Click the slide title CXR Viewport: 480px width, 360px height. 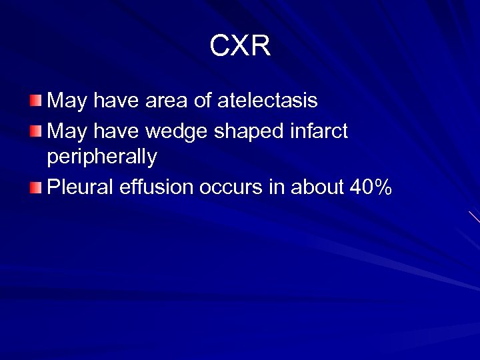click(x=240, y=46)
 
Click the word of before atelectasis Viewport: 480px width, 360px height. click(x=201, y=101)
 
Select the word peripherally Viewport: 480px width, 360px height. click(x=102, y=157)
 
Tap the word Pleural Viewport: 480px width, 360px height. click(x=81, y=188)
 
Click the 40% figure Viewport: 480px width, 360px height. click(x=371, y=188)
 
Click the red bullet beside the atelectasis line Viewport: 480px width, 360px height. click(x=35, y=101)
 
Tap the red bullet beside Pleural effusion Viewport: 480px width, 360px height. click(x=35, y=188)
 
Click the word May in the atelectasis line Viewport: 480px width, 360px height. click(x=67, y=101)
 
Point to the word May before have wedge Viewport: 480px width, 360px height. click(x=67, y=132)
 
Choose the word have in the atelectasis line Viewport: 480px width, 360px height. click(x=113, y=101)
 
